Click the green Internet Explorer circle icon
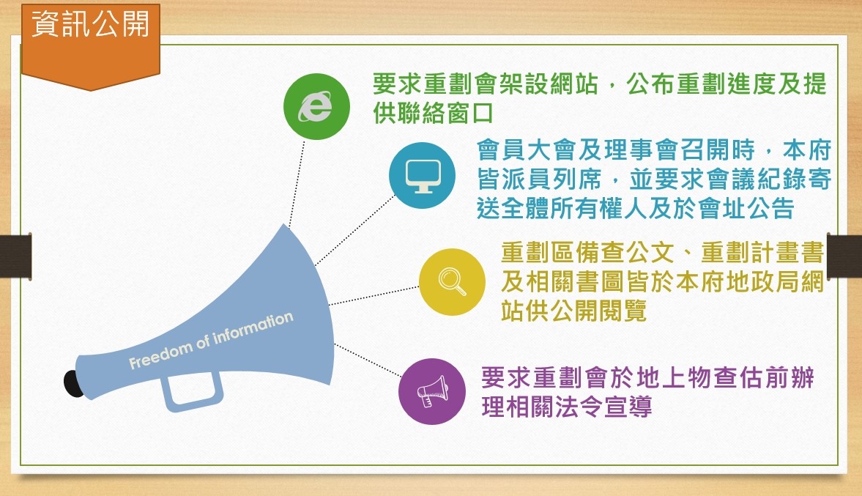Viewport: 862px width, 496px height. (x=316, y=106)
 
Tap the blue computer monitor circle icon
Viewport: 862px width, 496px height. (x=422, y=175)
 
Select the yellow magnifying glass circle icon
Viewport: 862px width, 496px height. (x=452, y=282)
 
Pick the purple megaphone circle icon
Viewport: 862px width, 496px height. (x=432, y=391)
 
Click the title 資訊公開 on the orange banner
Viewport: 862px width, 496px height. (x=91, y=23)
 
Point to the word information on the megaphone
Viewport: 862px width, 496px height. (x=253, y=327)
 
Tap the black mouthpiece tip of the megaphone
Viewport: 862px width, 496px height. (x=73, y=384)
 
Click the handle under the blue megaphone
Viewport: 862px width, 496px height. (x=192, y=391)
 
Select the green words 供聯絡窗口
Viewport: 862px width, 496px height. (x=434, y=114)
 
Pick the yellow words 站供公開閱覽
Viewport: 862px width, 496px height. (x=574, y=311)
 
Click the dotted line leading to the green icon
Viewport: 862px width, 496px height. (x=297, y=182)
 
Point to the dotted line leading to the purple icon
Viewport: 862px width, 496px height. (x=368, y=360)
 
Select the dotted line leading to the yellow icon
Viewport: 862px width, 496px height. (x=374, y=295)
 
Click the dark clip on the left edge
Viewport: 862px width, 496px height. (x=15, y=256)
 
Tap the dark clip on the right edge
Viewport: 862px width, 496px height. (x=844, y=256)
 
